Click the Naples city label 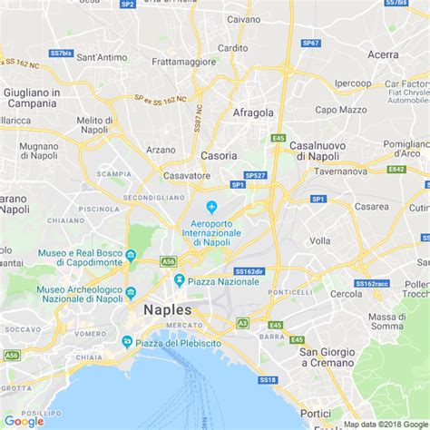click(x=167, y=309)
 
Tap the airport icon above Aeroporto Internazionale click(x=212, y=208)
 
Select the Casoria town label click(x=219, y=155)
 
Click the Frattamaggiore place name click(x=183, y=63)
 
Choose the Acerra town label click(x=383, y=54)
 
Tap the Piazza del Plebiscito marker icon click(x=127, y=341)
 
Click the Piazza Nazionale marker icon click(x=180, y=280)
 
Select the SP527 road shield click(x=255, y=175)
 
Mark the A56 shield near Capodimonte click(x=168, y=261)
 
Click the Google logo click(x=24, y=420)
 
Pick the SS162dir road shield click(x=249, y=270)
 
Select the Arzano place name click(x=160, y=150)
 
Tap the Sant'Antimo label click(x=101, y=57)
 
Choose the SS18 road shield click(x=266, y=380)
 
